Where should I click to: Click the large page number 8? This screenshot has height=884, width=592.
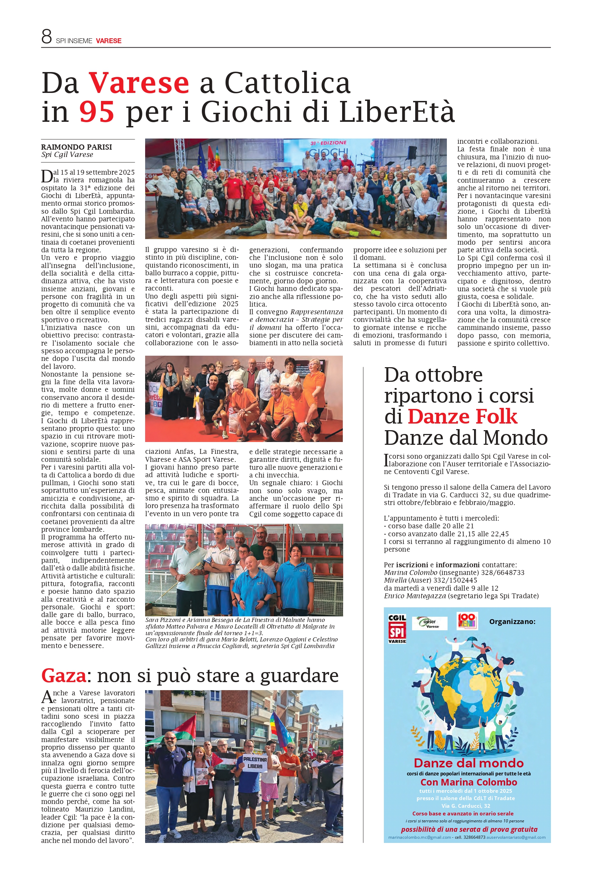tap(46, 37)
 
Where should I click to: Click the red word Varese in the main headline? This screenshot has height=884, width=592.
tap(139, 83)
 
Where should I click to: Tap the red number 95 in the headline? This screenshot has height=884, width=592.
tap(97, 112)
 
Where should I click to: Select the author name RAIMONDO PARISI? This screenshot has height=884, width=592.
tap(76, 147)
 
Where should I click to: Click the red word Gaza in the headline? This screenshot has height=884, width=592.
tap(63, 675)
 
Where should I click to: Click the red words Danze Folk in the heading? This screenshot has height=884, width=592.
tap(462, 417)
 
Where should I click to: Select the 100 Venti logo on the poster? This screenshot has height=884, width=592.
tap(467, 621)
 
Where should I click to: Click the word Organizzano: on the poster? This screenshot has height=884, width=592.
tap(512, 622)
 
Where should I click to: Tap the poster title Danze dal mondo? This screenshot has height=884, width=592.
tap(468, 763)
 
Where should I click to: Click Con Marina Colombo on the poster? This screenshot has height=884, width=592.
tap(468, 782)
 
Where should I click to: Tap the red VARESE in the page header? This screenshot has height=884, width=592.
tap(108, 41)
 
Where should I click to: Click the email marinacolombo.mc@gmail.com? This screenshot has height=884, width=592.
tap(419, 837)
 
